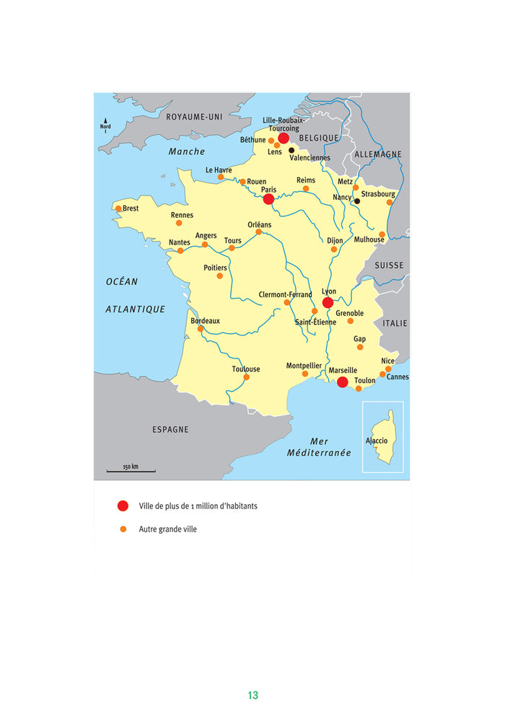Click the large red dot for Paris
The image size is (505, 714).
click(x=268, y=199)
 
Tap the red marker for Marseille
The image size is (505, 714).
click(x=343, y=382)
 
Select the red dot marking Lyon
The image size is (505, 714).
click(x=328, y=303)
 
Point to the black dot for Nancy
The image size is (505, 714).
click(x=357, y=201)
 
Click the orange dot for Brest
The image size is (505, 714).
click(x=118, y=208)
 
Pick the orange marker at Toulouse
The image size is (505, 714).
click(x=246, y=377)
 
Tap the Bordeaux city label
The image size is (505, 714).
click(x=205, y=321)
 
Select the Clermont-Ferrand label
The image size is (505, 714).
click(x=286, y=294)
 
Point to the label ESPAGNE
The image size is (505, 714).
click(x=170, y=430)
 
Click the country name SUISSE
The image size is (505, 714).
click(x=389, y=265)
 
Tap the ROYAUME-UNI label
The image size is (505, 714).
click(x=193, y=117)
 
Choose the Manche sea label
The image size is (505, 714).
click(x=187, y=151)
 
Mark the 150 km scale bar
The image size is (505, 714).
click(x=131, y=471)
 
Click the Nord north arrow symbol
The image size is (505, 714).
click(x=105, y=125)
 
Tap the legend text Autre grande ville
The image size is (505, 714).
click(x=167, y=529)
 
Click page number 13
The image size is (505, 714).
click(x=252, y=695)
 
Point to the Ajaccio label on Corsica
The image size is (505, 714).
click(x=377, y=441)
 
